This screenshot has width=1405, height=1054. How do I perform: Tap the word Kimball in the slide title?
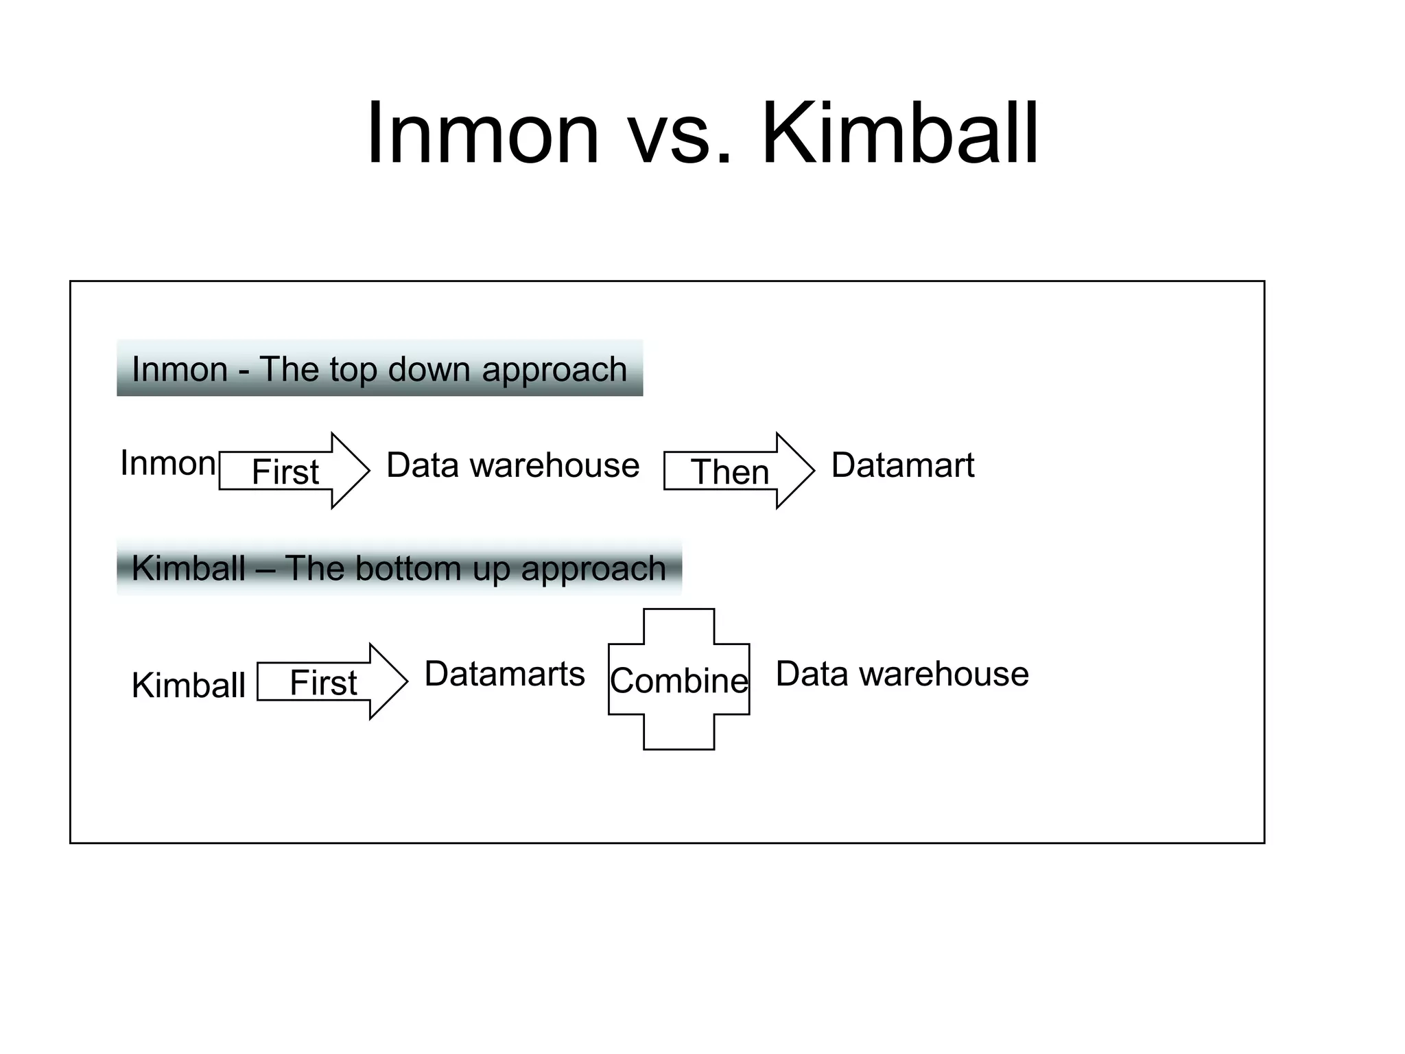click(x=899, y=134)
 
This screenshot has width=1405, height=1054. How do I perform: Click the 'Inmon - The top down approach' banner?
click(x=379, y=368)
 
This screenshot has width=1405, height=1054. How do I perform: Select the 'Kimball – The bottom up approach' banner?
click(x=399, y=567)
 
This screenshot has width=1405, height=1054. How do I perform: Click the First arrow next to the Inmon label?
click(x=294, y=471)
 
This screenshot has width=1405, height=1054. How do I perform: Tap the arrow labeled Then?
click(x=738, y=471)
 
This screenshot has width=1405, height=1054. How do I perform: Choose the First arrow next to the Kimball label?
click(x=332, y=681)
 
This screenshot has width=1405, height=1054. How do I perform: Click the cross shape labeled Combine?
click(x=678, y=679)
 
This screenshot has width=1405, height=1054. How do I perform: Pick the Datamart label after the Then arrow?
click(x=902, y=465)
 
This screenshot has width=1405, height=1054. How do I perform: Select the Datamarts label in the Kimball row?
click(x=504, y=674)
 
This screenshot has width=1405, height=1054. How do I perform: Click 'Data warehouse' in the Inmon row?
click(x=512, y=465)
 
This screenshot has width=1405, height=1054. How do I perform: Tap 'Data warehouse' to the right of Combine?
click(x=901, y=674)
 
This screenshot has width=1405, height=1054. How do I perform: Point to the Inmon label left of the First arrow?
click(x=168, y=463)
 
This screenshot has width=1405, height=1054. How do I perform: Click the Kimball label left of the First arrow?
click(x=188, y=685)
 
